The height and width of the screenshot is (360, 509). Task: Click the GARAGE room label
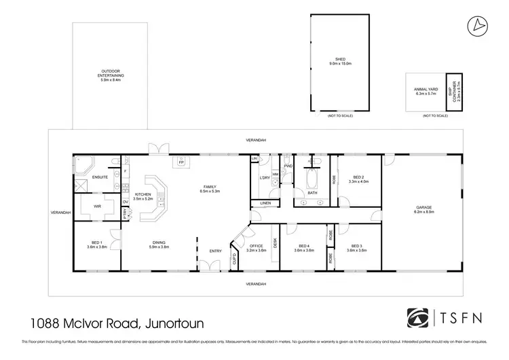coord(423,209)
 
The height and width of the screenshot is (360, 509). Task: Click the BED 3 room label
coord(357,248)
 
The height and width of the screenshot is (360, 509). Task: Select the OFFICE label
coord(256,248)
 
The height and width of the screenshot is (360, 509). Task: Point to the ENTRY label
coord(215,251)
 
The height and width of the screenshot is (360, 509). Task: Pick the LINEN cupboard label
coord(265,203)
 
